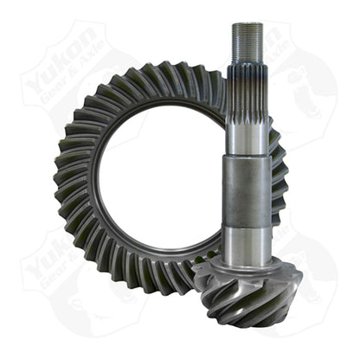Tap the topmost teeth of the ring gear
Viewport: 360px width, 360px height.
pyautogui.click(x=164, y=76)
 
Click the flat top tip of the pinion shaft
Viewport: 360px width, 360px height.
pyautogui.click(x=248, y=25)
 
